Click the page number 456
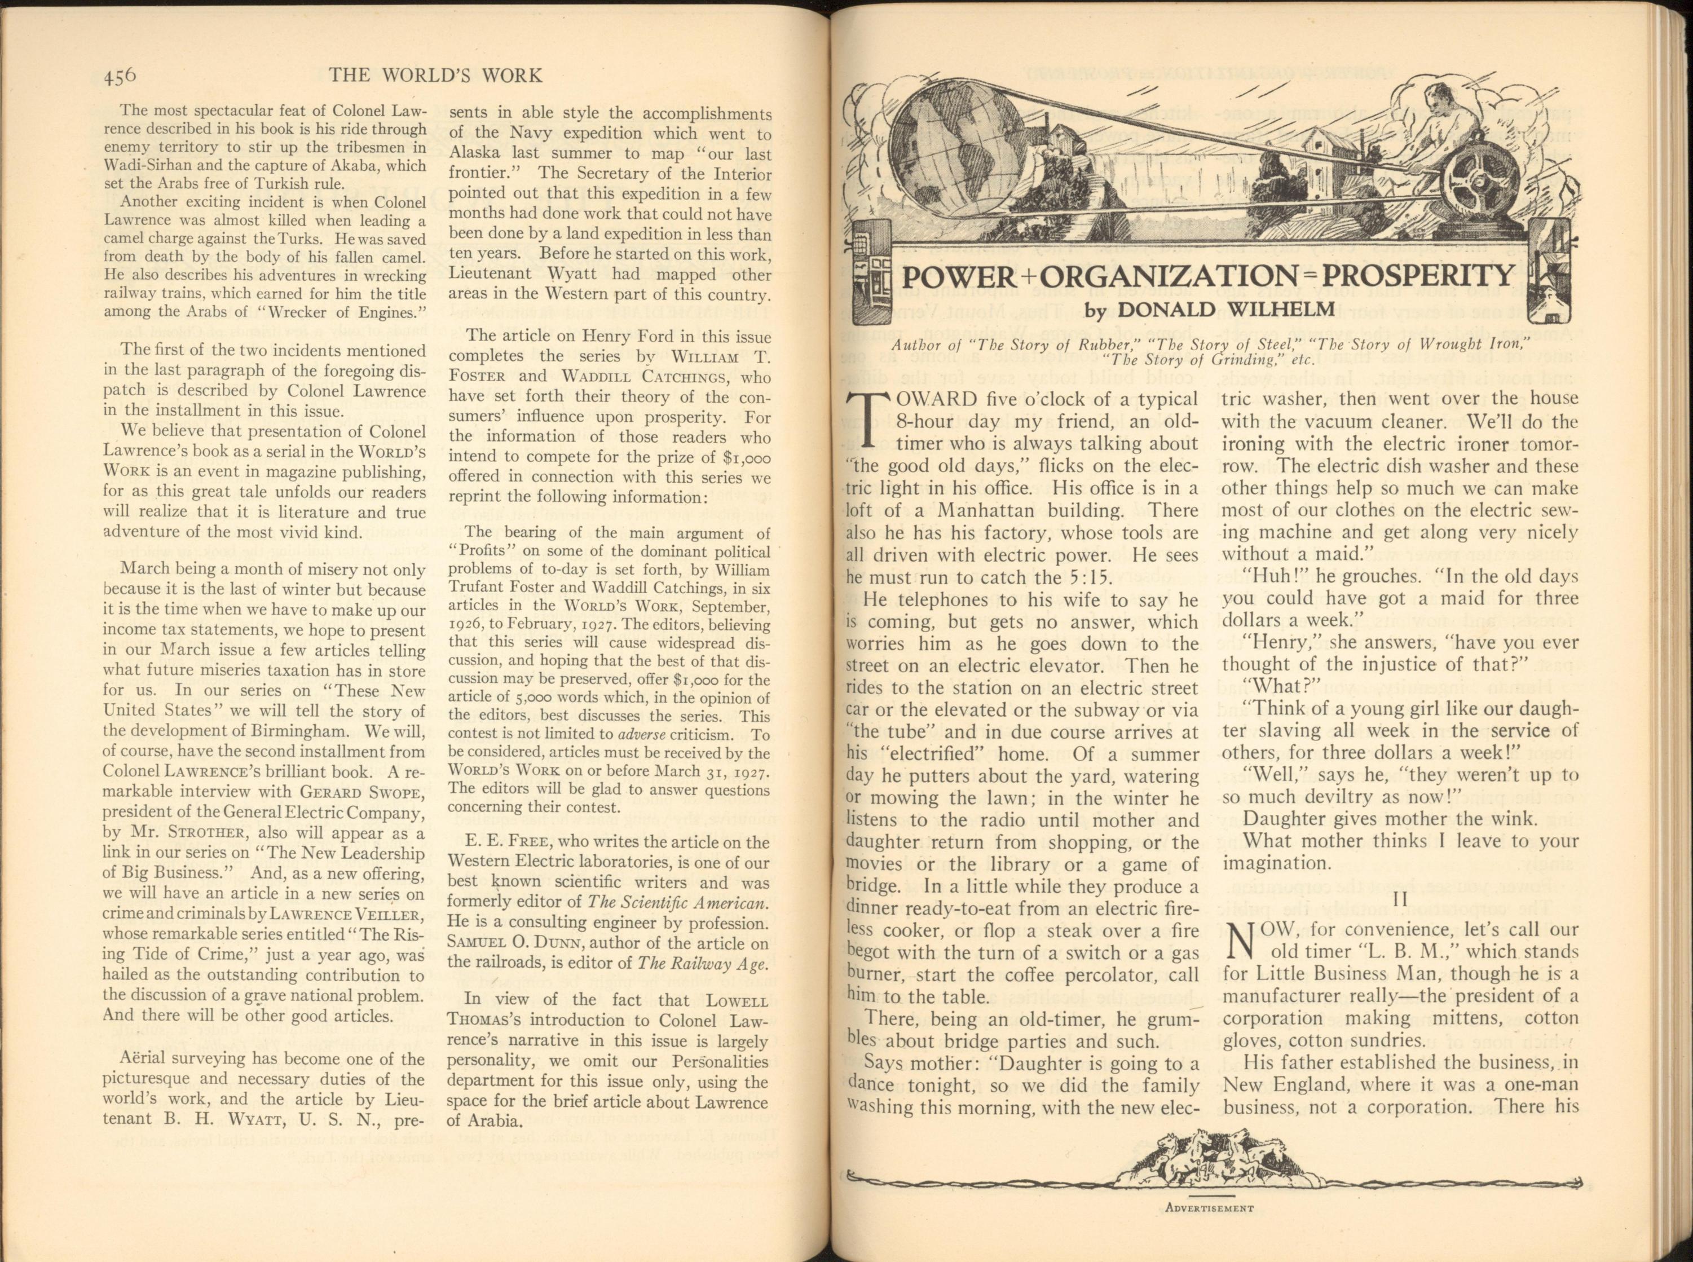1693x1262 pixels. pyautogui.click(x=119, y=76)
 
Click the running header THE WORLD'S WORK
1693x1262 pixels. pyautogui.click(x=435, y=76)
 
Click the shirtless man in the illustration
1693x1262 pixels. pyautogui.click(x=1436, y=130)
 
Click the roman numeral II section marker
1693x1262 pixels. pyautogui.click(x=1400, y=900)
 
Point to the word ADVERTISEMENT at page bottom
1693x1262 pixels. pyautogui.click(x=1210, y=1208)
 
